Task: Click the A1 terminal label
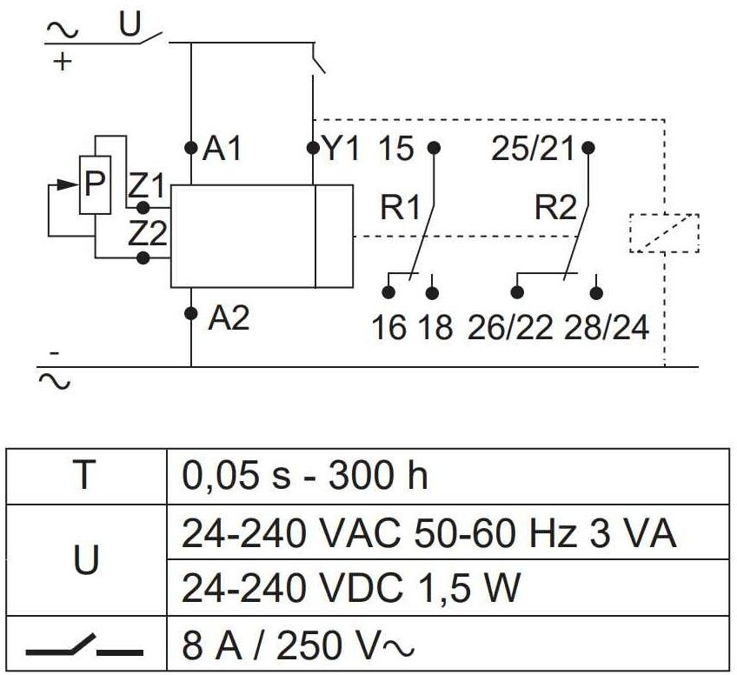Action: pyautogui.click(x=222, y=150)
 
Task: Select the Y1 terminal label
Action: pyautogui.click(x=341, y=150)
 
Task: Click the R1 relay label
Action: pyautogui.click(x=399, y=208)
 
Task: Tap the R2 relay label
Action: pyautogui.click(x=555, y=208)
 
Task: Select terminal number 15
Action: pyautogui.click(x=396, y=150)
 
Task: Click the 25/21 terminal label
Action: pyautogui.click(x=533, y=150)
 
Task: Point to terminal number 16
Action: pyautogui.click(x=389, y=329)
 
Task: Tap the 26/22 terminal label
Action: pyautogui.click(x=511, y=329)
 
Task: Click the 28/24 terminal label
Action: pyautogui.click(x=606, y=329)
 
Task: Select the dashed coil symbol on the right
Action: pyautogui.click(x=663, y=232)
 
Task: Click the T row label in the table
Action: pyautogui.click(x=84, y=477)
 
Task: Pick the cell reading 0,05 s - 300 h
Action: pyautogui.click(x=305, y=477)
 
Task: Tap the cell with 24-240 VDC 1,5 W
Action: pyautogui.click(x=350, y=589)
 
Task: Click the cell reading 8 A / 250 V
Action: pyautogui.click(x=295, y=646)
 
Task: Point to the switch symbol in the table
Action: pyautogui.click(x=84, y=647)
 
